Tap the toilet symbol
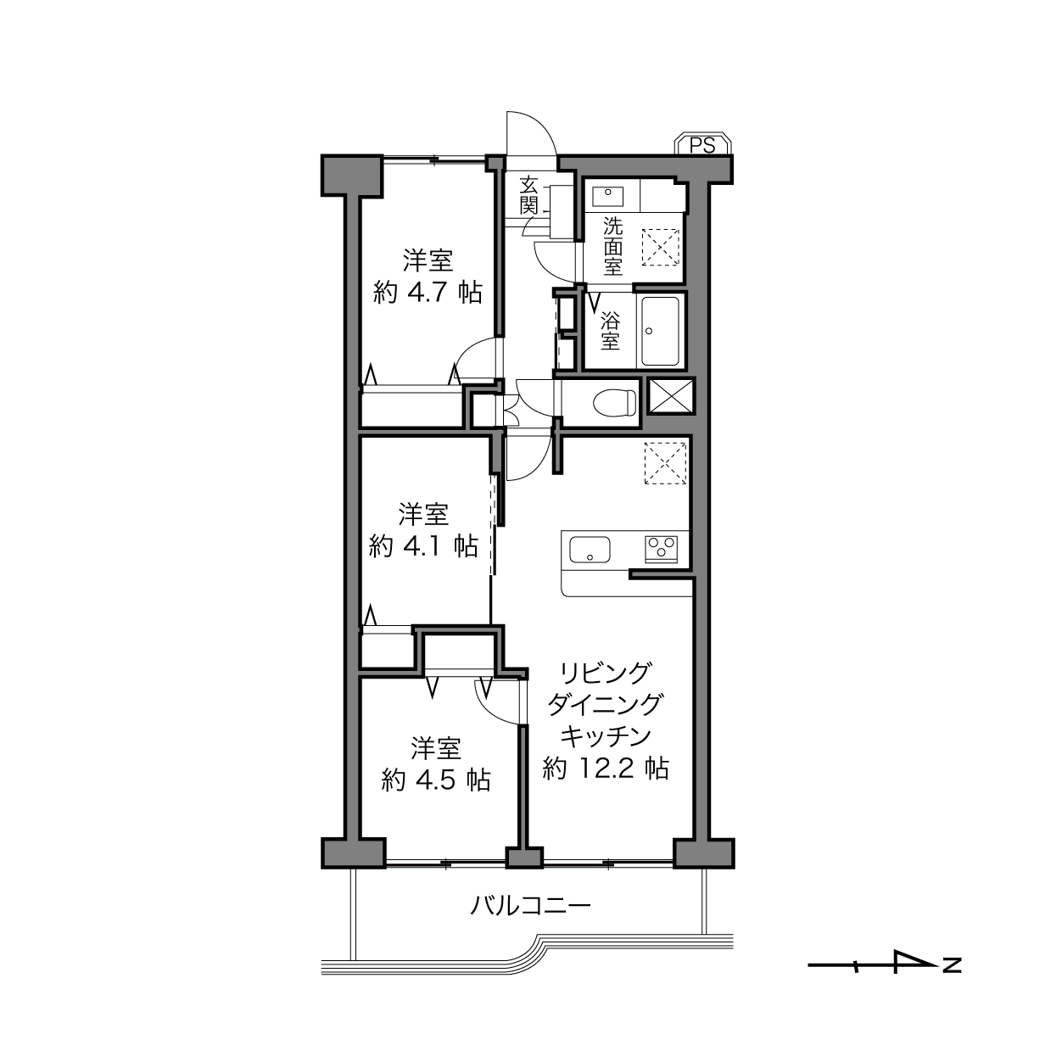pos(614,402)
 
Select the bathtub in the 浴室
pos(660,331)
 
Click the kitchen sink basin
pos(590,550)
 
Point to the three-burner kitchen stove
pos(661,550)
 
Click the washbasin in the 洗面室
pos(608,196)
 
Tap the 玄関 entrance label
pos(528,196)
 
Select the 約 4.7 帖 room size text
pos(428,292)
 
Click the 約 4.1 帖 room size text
pos(423,546)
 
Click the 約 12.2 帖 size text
pos(606,768)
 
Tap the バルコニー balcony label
pos(530,906)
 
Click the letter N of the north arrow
pos(952,965)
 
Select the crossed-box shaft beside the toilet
pos(671,396)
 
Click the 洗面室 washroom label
pos(612,246)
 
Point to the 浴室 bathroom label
pos(610,331)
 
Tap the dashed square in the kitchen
pos(665,463)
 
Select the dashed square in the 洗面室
pos(660,247)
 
